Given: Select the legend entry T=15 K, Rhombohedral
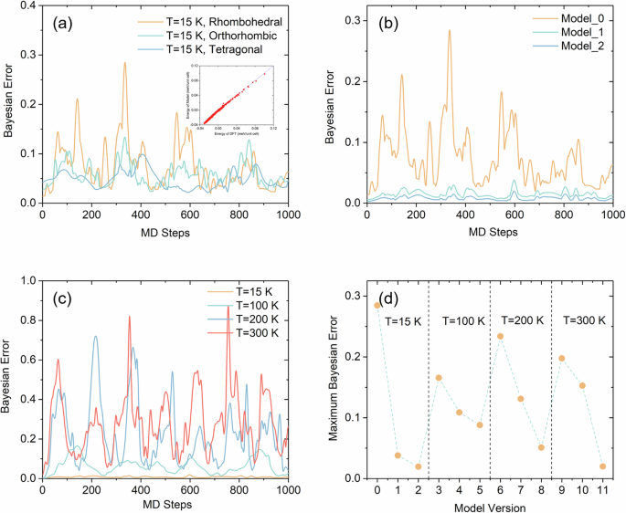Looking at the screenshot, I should pos(207,21).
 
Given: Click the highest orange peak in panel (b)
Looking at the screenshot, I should pos(449,31).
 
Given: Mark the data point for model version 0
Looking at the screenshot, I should pos(377,305).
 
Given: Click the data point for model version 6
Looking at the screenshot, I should pos(500,336).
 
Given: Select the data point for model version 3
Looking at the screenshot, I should pos(439,378).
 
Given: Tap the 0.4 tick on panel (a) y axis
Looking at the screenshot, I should pos(27,7).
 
